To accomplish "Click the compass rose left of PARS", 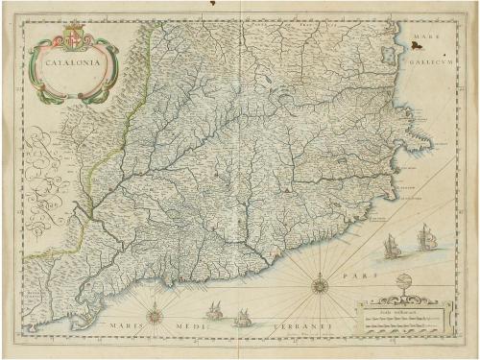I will click(319, 283).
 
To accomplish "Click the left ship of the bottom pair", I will click(215, 311).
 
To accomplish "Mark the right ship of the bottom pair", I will click(245, 316).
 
